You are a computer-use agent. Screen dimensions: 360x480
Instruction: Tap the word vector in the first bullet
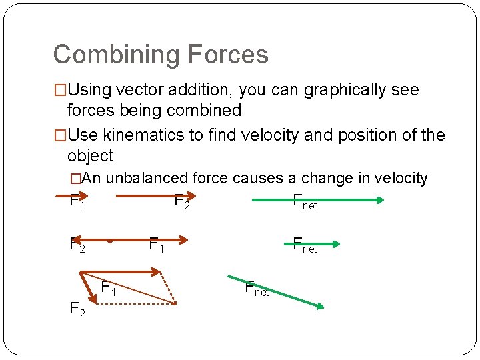point(137,90)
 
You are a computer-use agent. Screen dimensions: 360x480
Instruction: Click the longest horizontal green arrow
point(317,199)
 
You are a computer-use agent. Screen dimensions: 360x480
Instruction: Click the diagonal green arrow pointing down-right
point(275,291)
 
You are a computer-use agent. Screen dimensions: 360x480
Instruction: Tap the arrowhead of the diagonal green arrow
point(319,306)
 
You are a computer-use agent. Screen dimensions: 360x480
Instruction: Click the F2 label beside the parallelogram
point(77,309)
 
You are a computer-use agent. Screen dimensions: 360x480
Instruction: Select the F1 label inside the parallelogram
point(109,289)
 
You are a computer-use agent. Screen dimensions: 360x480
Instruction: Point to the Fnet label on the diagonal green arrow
point(257,289)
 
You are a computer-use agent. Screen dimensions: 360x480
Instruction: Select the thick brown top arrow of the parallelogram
point(120,272)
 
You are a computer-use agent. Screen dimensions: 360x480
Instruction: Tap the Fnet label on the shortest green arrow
point(305,245)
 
